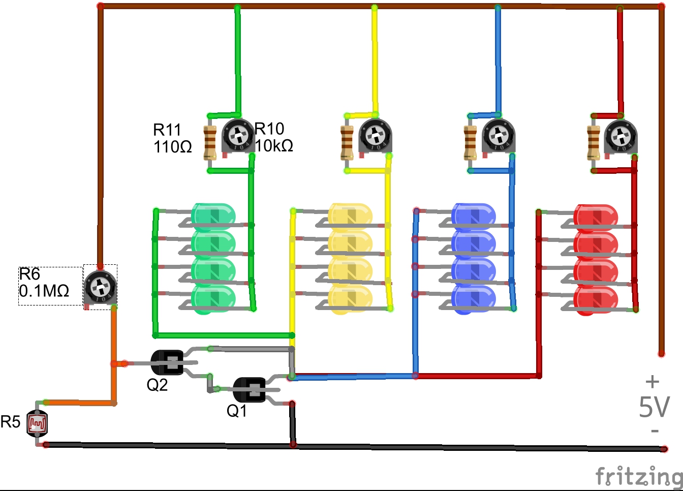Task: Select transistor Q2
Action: tap(169, 362)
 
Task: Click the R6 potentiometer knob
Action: tap(100, 288)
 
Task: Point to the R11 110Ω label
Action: tap(172, 138)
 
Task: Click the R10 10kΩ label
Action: tap(274, 137)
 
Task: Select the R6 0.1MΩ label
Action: tap(44, 283)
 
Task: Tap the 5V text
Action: tap(654, 407)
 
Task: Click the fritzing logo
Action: tap(639, 476)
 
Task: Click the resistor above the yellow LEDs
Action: tap(347, 142)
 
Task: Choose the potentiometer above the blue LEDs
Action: tap(498, 136)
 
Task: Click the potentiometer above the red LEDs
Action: tap(620, 136)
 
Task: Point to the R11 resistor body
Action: tap(210, 143)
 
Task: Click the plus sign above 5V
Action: tap(653, 381)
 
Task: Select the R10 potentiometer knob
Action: tap(238, 135)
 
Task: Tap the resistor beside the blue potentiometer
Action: tap(471, 143)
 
